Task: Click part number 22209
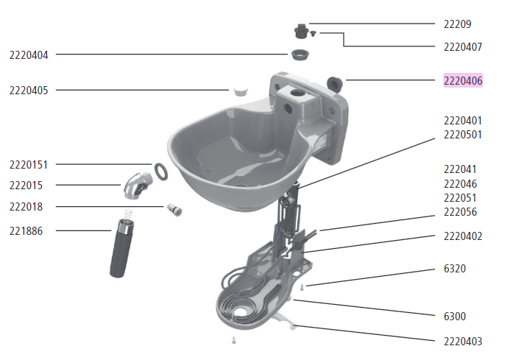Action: pyautogui.click(x=458, y=23)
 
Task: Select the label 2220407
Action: pyautogui.click(x=463, y=46)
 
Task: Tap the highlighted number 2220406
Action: pyautogui.click(x=463, y=80)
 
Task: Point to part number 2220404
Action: pyautogui.click(x=29, y=54)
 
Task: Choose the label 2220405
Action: pyautogui.click(x=29, y=90)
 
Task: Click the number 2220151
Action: pyautogui.click(x=29, y=164)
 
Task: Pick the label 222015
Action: pyautogui.click(x=26, y=184)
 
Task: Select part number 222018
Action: pyautogui.click(x=26, y=207)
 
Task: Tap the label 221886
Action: pyautogui.click(x=26, y=230)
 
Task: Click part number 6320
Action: pyautogui.click(x=454, y=269)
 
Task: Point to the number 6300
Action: pyautogui.click(x=454, y=316)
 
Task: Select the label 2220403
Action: pyautogui.click(x=463, y=341)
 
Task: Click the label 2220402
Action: pyautogui.click(x=463, y=236)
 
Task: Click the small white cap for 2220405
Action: pyautogui.click(x=239, y=91)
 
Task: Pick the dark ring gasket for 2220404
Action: pyautogui.click(x=298, y=54)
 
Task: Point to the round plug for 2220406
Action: pyautogui.click(x=333, y=81)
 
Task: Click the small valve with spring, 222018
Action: pyautogui.click(x=174, y=209)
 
